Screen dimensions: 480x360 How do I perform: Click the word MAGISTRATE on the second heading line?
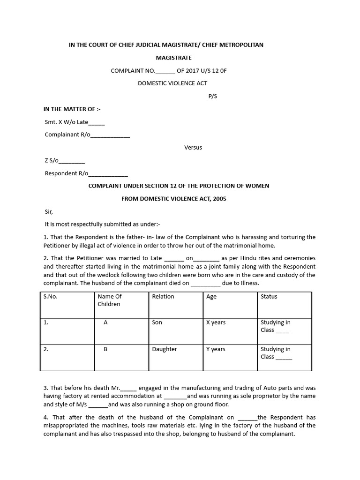173,58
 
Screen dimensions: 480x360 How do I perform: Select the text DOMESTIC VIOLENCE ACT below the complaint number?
172,83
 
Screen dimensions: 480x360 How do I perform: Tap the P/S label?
213,97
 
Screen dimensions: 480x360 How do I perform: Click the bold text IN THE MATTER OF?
72,109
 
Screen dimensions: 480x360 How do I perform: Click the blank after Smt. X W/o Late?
97,123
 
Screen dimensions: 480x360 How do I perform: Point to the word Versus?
193,147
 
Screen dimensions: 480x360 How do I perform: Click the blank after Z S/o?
72,161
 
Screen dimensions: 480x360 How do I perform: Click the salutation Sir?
49,211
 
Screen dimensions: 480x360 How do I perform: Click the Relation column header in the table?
163,297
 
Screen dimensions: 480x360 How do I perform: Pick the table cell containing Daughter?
165,349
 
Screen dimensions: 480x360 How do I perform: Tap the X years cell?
216,322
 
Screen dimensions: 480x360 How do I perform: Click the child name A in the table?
106,322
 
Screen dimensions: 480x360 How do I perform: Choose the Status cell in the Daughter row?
276,353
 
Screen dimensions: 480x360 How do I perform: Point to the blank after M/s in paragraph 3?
98,405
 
